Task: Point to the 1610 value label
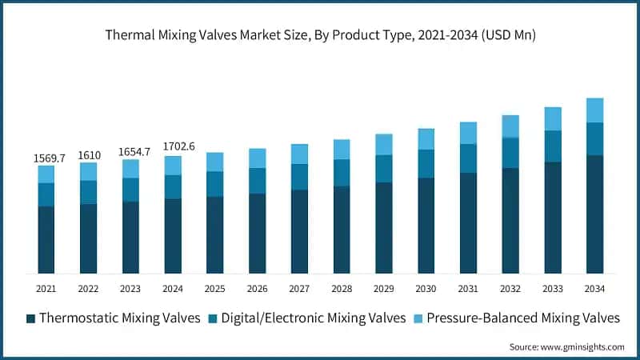point(88,155)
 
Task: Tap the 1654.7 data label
point(130,152)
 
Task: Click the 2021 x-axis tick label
point(46,288)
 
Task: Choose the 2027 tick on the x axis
point(299,288)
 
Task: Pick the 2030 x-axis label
point(426,288)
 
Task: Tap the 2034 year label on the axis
point(594,288)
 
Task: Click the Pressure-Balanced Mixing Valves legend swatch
point(418,318)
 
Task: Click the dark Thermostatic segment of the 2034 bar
point(594,214)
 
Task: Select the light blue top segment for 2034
point(594,110)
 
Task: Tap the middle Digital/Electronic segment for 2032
point(510,153)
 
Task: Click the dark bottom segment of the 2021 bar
point(46,239)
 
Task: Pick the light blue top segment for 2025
point(214,162)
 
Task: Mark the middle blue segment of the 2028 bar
point(342,173)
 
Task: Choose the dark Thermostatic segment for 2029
point(384,227)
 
